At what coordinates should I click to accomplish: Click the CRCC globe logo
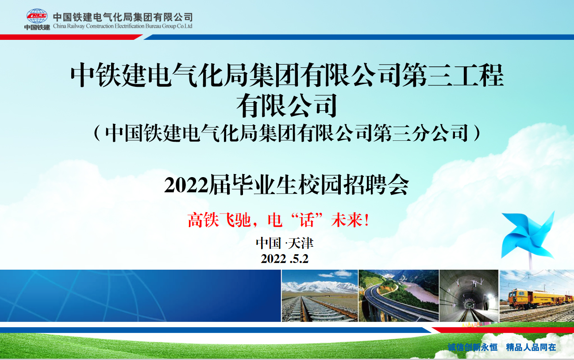(37, 16)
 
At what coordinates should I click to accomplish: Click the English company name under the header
(123, 26)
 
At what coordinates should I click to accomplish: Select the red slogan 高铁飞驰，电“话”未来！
(278, 220)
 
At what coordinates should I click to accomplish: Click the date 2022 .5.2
(285, 259)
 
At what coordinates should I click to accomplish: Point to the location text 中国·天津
(285, 243)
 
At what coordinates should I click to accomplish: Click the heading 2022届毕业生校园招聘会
(286, 185)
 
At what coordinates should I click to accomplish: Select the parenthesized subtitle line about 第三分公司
(287, 133)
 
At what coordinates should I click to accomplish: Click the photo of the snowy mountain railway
(320, 296)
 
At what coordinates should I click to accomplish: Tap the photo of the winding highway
(398, 296)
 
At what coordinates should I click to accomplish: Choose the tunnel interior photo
(469, 296)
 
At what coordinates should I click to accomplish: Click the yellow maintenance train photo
(537, 296)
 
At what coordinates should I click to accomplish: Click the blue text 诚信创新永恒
(473, 347)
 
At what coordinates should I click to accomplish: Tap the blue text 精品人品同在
(531, 347)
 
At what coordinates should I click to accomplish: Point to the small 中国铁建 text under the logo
(37, 27)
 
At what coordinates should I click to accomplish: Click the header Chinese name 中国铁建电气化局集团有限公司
(123, 17)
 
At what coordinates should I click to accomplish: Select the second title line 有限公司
(286, 105)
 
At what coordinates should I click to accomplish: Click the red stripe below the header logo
(71, 37)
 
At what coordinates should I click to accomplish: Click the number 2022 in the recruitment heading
(186, 185)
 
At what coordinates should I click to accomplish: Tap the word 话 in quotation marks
(307, 220)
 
